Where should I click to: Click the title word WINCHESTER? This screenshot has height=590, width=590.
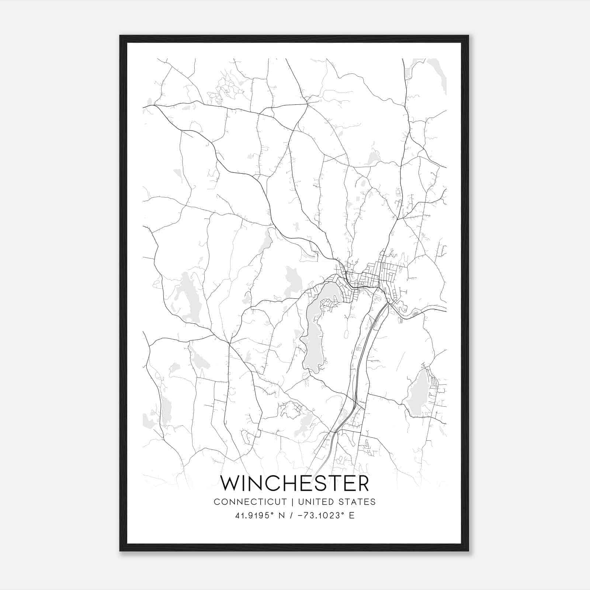tap(295, 483)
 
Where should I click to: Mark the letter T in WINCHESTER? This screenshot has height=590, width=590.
tap(336, 483)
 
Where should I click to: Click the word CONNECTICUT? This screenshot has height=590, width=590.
tap(250, 502)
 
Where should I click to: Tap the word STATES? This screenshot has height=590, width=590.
tap(358, 502)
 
